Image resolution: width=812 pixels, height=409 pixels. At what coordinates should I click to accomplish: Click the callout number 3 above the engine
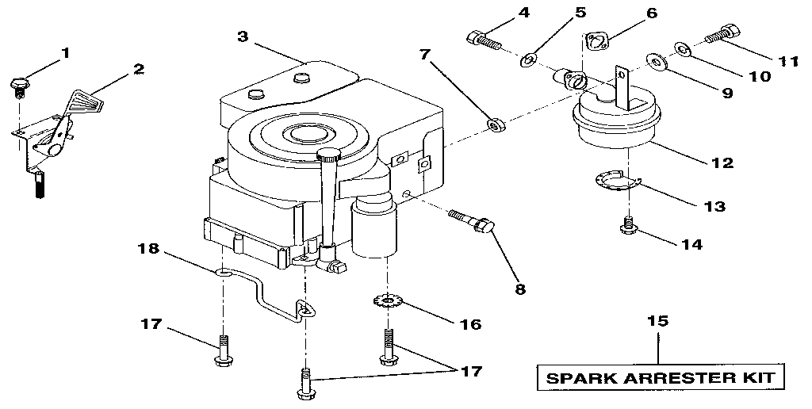243,36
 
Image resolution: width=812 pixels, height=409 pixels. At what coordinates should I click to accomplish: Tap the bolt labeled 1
18,83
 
